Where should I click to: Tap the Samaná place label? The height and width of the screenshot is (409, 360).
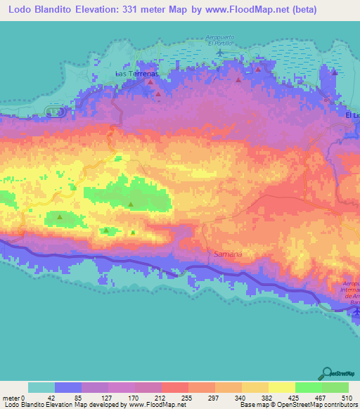pos(226,252)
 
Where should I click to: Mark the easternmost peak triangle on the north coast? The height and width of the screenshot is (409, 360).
pos(335,72)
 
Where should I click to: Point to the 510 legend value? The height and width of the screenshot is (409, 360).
pos(348,398)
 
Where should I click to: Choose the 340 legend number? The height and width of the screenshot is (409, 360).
pos(241,398)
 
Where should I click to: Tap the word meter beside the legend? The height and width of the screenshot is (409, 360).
pos(11,398)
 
